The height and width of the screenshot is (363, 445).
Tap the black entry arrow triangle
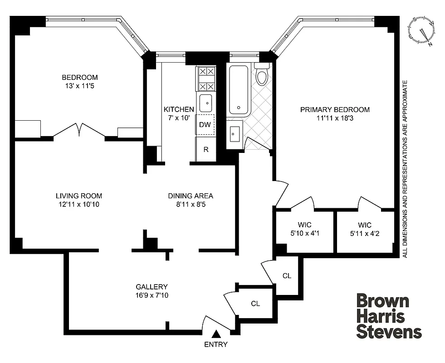click(x=217, y=334)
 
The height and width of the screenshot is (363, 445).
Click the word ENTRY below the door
click(x=216, y=344)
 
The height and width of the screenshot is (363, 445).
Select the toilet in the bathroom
click(x=262, y=76)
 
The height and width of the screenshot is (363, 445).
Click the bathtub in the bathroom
click(x=239, y=90)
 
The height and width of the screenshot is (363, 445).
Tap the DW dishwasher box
click(x=205, y=125)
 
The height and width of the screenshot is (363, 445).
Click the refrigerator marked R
click(x=205, y=149)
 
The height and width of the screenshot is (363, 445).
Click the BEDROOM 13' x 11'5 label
click(x=80, y=81)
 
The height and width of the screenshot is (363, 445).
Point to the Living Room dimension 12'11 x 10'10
click(x=78, y=204)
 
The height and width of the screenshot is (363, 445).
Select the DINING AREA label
click(x=191, y=196)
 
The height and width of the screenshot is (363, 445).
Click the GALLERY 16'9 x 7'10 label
click(x=152, y=291)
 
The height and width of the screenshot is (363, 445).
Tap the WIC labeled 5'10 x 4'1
click(x=304, y=229)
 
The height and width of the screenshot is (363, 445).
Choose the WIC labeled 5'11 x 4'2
click(x=364, y=229)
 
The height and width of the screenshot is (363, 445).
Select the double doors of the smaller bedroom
click(x=79, y=131)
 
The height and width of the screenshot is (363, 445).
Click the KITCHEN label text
click(x=179, y=109)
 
